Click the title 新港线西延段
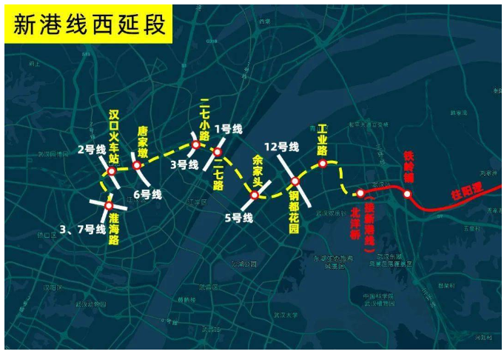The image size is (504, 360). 89,26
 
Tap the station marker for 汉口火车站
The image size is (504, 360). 112,171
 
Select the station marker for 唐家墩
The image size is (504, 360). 136,164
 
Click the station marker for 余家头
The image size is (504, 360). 254,195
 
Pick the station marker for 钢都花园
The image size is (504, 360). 295,181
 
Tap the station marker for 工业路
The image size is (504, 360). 323,163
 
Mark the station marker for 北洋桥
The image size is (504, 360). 360,193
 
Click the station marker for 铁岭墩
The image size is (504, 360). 407,194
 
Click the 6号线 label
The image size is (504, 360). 147,195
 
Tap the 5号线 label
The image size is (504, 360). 239,218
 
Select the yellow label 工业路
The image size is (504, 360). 322,139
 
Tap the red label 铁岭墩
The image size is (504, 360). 408,167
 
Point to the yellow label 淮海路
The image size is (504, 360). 115,230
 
